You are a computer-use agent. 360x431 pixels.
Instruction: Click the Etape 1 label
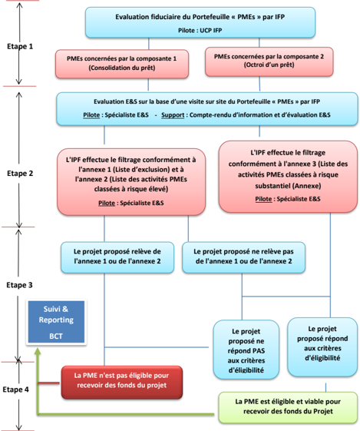[20, 46]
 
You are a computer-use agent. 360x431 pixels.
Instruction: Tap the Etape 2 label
[20, 174]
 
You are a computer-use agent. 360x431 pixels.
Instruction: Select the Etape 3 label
[19, 285]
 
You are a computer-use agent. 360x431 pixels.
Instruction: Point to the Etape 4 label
[15, 390]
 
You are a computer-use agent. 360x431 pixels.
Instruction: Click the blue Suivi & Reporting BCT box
[56, 322]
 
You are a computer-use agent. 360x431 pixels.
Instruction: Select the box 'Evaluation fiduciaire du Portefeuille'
[200, 22]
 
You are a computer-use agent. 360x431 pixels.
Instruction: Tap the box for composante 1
[122, 64]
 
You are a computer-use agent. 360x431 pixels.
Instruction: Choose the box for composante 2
[269, 61]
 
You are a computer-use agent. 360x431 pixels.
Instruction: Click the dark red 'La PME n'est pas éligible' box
[122, 383]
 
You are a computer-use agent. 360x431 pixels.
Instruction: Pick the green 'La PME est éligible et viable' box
[288, 407]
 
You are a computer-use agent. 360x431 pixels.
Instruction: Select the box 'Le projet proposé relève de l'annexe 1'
[117, 257]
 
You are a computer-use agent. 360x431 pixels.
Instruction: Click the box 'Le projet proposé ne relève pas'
[243, 257]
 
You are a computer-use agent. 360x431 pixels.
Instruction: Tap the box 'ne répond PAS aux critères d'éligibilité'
[246, 350]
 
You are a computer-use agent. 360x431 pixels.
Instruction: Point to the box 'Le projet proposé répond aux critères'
[322, 347]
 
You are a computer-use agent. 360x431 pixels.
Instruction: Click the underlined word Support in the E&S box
[173, 115]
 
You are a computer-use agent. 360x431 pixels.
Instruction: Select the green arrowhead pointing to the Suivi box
[38, 350]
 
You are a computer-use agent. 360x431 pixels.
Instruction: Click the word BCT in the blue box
[56, 337]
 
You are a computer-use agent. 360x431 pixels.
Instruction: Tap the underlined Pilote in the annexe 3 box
[263, 199]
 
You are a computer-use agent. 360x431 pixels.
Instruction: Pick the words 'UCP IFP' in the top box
[211, 31]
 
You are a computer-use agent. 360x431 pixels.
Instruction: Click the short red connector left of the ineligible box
[48, 383]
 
